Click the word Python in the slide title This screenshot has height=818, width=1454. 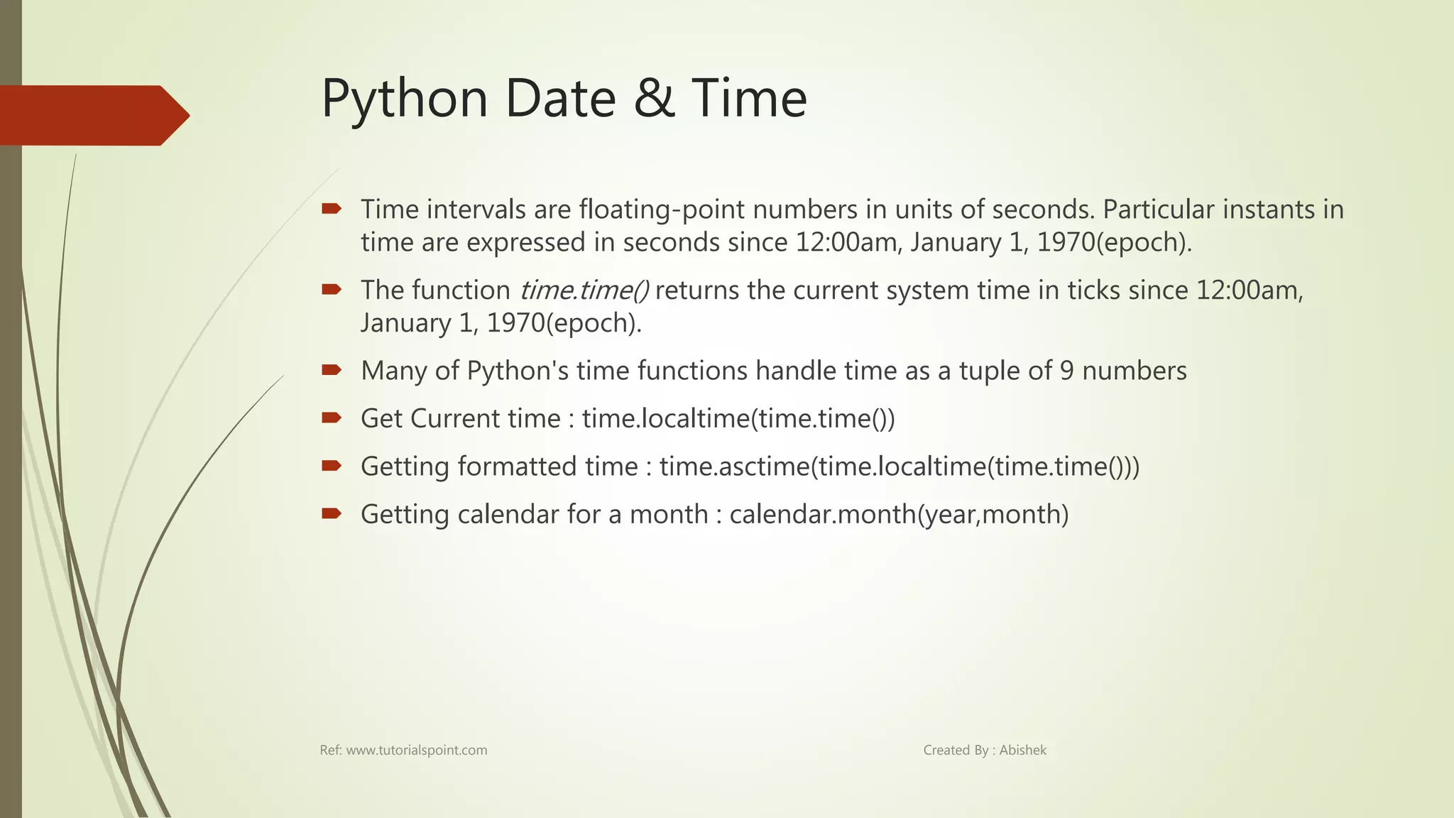coord(405,99)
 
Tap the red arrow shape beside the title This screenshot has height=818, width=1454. coord(92,115)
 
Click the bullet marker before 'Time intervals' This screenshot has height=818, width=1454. coord(331,209)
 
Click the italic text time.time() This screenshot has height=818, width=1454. coord(584,290)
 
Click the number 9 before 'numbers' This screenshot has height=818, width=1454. coord(1066,371)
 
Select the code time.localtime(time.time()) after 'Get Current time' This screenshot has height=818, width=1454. coord(738,419)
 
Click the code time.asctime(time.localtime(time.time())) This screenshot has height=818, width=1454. coord(899,467)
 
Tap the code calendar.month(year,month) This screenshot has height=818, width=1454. coord(899,515)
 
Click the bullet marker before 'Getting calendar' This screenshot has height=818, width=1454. coord(331,513)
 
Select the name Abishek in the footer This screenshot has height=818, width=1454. coord(1022,751)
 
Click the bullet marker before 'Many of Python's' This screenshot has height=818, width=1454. coord(331,369)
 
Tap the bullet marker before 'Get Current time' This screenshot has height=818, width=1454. coord(331,418)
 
